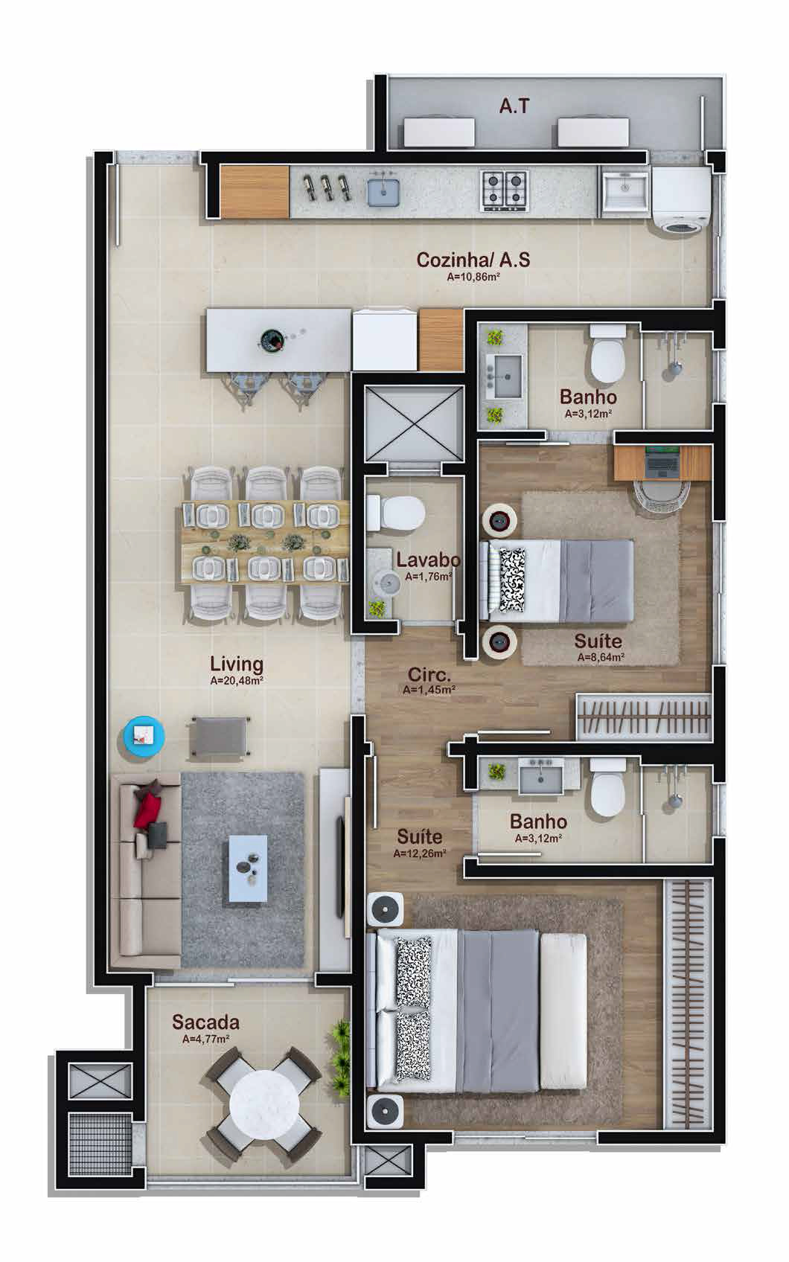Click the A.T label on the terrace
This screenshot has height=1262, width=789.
pos(514,106)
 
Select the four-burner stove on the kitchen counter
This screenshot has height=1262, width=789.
pos(505,191)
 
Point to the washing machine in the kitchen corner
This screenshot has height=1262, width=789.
pos(681,199)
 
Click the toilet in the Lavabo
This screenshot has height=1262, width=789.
pos(395,512)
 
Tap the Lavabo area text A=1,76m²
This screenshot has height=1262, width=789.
pos(428,577)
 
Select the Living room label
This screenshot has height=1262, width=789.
pos(237,664)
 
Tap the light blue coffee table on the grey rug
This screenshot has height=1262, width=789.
pos(248,868)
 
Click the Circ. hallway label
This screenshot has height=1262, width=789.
pos(429,674)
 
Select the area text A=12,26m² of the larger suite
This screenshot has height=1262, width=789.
pos(420,853)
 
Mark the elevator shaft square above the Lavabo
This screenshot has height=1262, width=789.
pos(414,423)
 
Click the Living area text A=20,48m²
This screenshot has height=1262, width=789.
pos(237,681)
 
